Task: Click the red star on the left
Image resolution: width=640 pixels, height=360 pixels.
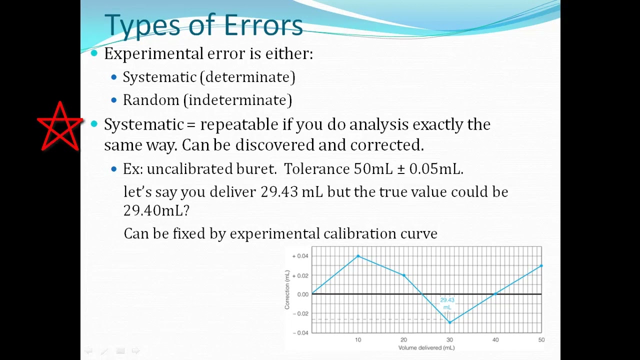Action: click(x=60, y=127)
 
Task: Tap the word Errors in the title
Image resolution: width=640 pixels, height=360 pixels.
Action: click(x=263, y=25)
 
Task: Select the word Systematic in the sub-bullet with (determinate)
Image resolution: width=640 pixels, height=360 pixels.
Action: click(x=159, y=77)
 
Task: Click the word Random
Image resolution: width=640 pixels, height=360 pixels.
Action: click(x=151, y=100)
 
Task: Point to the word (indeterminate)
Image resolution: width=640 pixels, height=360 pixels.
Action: click(x=237, y=100)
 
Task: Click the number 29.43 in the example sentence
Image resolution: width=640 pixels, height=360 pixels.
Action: click(x=279, y=192)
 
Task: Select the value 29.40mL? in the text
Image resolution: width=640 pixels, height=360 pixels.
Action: click(x=156, y=210)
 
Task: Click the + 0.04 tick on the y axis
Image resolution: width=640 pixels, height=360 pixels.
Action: click(x=300, y=256)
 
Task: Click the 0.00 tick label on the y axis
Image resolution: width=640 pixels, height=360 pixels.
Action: click(x=302, y=294)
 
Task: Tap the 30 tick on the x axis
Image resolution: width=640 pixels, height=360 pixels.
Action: click(x=449, y=340)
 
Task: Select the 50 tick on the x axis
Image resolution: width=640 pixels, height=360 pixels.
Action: click(x=541, y=340)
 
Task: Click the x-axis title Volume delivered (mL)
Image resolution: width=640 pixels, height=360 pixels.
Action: click(x=426, y=347)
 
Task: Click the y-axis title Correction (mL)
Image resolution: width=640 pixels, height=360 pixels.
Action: click(x=287, y=289)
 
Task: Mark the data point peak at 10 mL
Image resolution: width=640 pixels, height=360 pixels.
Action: click(x=358, y=256)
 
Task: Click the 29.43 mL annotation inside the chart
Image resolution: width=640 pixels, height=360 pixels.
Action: click(x=447, y=303)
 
